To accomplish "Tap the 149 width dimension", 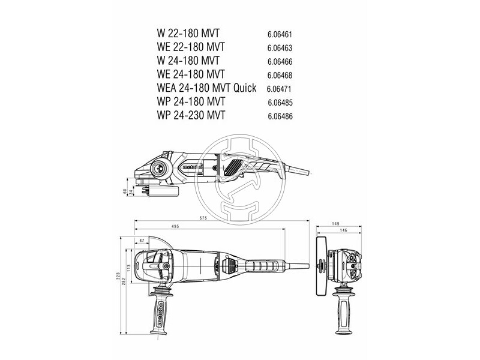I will click(335, 223).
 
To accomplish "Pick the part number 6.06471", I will click(280, 89).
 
